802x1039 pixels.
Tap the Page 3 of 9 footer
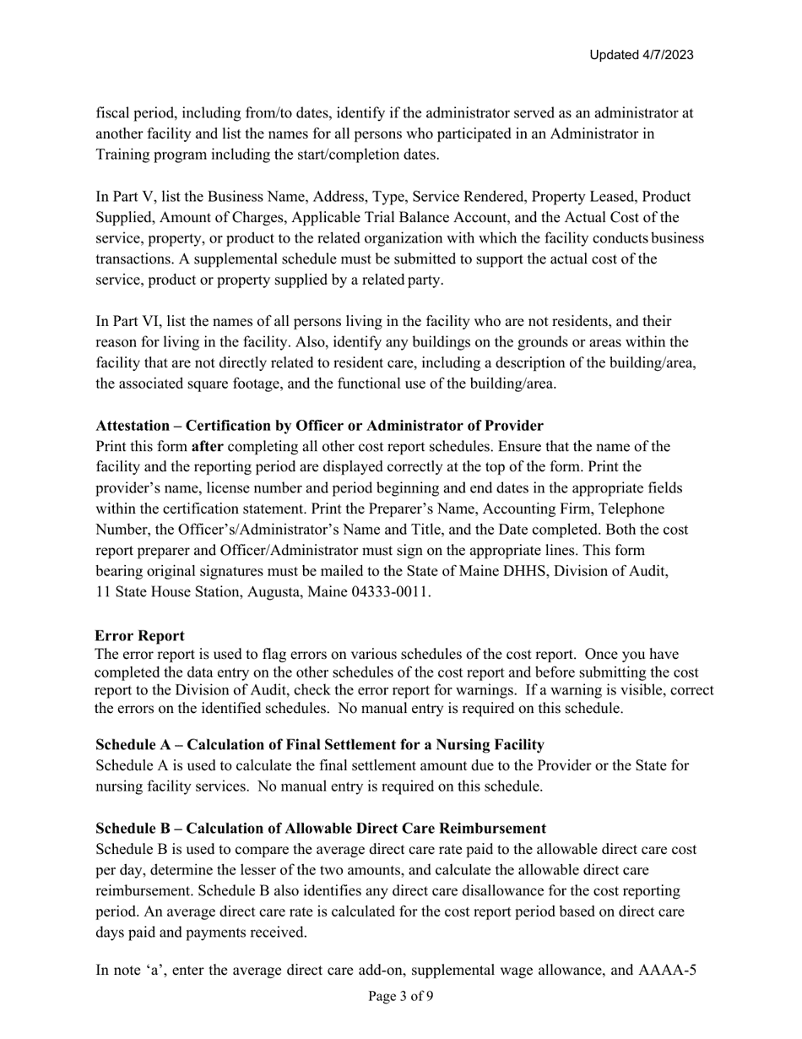(x=401, y=996)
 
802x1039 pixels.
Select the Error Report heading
(x=139, y=635)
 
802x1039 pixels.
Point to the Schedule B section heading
(x=320, y=828)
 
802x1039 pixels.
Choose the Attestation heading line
(x=319, y=425)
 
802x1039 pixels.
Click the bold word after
(x=208, y=446)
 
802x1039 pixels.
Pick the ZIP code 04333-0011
(x=390, y=591)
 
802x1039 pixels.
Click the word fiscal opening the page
(x=114, y=112)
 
